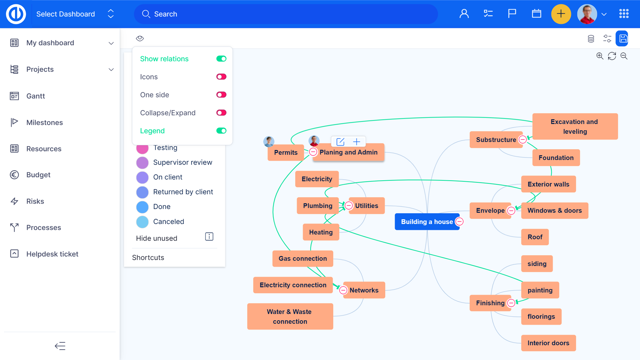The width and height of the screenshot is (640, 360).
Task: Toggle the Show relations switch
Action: tap(221, 59)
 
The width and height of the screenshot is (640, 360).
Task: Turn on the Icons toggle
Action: tap(221, 77)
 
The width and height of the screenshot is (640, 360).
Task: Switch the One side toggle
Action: tap(221, 95)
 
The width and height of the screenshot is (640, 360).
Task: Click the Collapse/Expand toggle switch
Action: tap(221, 113)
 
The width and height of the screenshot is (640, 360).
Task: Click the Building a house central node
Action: tap(427, 222)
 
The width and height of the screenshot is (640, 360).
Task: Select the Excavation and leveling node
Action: tap(575, 127)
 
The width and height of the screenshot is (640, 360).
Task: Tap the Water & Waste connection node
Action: tap(290, 317)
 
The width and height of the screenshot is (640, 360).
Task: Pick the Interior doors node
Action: tap(548, 343)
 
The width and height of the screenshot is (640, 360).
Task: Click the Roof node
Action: tap(535, 237)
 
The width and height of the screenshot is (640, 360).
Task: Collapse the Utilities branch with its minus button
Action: tap(349, 206)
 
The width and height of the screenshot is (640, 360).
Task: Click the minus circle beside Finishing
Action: tap(511, 303)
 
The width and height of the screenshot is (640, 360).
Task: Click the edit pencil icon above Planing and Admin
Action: tap(340, 142)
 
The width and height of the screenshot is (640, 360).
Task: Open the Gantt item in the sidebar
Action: tap(35, 96)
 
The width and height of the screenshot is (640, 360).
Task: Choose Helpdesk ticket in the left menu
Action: tap(52, 254)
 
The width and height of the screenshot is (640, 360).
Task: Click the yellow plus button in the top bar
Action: tap(561, 14)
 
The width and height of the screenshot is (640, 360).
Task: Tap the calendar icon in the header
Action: tap(536, 14)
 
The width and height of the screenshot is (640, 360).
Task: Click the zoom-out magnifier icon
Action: tap(624, 56)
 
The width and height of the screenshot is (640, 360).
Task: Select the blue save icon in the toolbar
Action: tap(622, 39)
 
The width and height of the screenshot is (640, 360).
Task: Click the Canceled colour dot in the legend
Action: tap(142, 222)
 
